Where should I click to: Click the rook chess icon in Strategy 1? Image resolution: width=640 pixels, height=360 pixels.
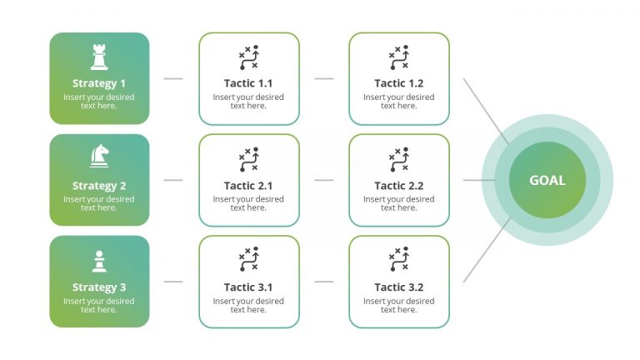tap(99, 57)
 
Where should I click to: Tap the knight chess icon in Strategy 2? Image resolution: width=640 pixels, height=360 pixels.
tap(99, 156)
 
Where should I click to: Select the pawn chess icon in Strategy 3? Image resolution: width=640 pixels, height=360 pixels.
tap(99, 262)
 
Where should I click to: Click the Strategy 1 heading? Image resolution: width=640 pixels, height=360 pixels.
tap(99, 83)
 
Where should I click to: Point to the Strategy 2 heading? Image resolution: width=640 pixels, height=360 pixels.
tap(99, 186)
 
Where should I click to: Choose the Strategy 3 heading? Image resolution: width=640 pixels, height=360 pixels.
tap(99, 287)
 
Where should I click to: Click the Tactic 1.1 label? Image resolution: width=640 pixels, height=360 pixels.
tap(248, 83)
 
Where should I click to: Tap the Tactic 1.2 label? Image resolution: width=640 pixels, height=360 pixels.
tap(398, 83)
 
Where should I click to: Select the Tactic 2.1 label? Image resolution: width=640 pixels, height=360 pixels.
tap(248, 186)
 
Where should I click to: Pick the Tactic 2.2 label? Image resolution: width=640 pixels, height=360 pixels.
tap(398, 186)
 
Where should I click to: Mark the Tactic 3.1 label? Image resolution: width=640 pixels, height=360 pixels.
tap(248, 287)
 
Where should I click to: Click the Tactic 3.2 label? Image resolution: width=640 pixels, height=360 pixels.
tap(398, 287)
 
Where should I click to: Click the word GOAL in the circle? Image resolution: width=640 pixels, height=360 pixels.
tap(547, 180)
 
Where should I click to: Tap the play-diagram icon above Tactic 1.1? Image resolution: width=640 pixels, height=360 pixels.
tap(248, 57)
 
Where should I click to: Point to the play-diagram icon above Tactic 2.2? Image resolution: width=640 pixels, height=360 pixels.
tap(398, 159)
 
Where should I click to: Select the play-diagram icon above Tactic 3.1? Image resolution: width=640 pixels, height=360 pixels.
tap(248, 261)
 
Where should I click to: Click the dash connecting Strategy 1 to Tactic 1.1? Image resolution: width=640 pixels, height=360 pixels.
tap(173, 79)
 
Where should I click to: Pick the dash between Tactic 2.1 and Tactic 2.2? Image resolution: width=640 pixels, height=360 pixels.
tap(324, 180)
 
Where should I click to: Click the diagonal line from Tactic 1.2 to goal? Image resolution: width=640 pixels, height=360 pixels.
tap(484, 108)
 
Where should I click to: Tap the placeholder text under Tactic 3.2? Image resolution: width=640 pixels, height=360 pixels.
tap(398, 305)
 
